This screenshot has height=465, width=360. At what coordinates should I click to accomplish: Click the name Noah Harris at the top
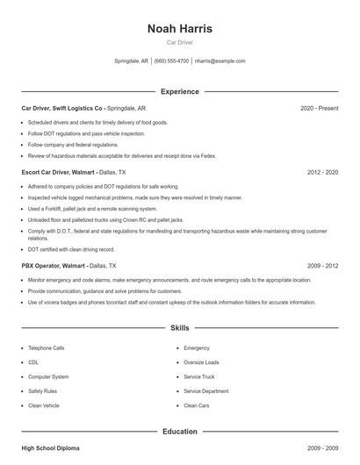click(x=180, y=28)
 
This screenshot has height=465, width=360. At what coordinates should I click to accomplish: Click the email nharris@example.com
click(x=220, y=61)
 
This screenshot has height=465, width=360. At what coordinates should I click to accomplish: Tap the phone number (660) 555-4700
click(x=171, y=61)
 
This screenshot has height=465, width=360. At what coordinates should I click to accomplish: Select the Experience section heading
click(x=180, y=91)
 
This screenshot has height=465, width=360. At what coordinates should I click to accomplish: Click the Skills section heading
click(x=180, y=328)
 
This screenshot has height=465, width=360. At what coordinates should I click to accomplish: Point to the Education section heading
click(x=180, y=432)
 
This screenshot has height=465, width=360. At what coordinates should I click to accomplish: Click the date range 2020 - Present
click(x=319, y=108)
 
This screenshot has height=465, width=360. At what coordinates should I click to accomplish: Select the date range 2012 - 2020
click(x=322, y=173)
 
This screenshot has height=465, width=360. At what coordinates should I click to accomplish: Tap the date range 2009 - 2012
click(x=322, y=265)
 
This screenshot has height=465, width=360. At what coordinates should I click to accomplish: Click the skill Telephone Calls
click(x=46, y=348)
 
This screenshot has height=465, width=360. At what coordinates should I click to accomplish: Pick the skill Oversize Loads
click(x=201, y=362)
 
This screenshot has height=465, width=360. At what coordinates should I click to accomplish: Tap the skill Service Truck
click(x=198, y=376)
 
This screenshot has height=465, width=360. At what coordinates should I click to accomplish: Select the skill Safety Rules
click(x=42, y=391)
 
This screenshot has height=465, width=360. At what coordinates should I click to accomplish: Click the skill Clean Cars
click(x=197, y=405)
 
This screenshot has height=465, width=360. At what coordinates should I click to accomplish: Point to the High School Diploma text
click(x=50, y=448)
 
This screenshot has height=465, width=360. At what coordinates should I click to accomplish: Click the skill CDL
click(x=33, y=362)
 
